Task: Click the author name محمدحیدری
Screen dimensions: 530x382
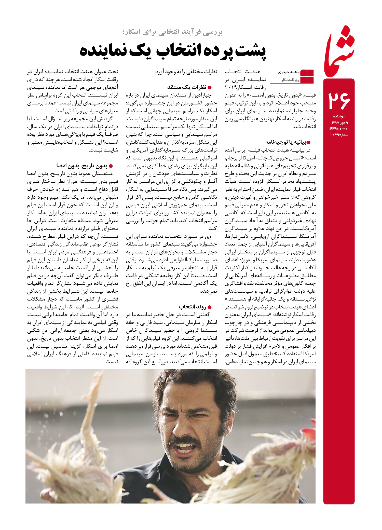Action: click(x=288, y=72)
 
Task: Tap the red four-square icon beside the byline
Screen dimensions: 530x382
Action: click(x=307, y=76)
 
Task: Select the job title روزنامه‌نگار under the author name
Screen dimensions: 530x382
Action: click(x=290, y=80)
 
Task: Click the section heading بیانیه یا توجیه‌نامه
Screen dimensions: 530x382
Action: click(x=286, y=142)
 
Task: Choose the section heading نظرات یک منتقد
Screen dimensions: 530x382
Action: click(x=187, y=87)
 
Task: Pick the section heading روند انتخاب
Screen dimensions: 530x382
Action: click(x=193, y=307)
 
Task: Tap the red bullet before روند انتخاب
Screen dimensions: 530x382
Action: click(x=210, y=307)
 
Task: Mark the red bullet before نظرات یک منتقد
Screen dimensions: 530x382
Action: click(x=210, y=88)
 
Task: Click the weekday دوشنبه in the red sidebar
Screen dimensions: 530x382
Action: click(x=339, y=116)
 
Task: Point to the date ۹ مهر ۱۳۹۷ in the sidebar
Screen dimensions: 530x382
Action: click(x=339, y=123)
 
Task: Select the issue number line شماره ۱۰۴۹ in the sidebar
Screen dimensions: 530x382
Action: click(x=339, y=134)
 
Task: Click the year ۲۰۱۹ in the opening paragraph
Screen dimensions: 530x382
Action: click(x=231, y=87)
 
